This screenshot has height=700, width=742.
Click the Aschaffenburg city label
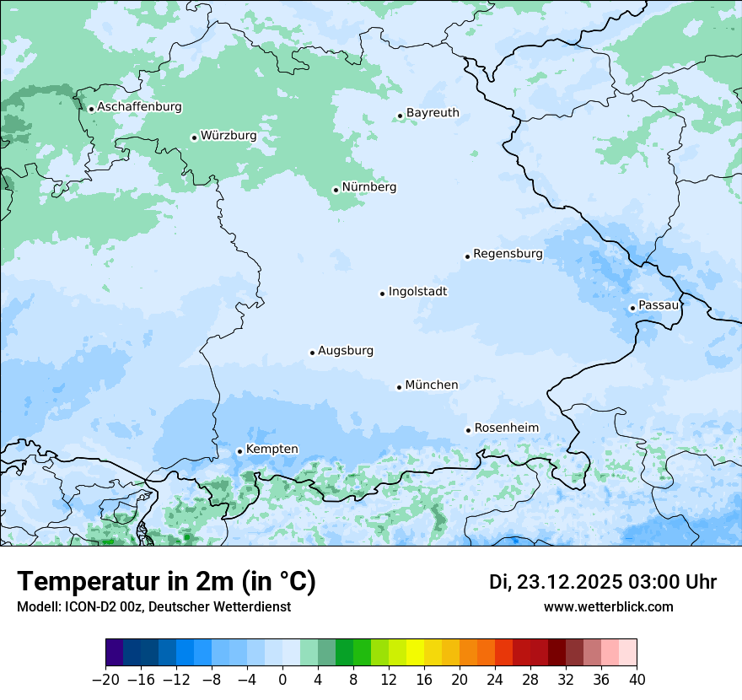tap(139, 107)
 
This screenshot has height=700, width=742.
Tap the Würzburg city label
tap(228, 136)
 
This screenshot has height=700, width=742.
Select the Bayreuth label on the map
tap(433, 113)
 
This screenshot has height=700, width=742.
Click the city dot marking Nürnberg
tap(336, 190)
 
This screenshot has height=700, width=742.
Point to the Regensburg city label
tap(508, 254)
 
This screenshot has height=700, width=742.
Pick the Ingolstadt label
tap(417, 292)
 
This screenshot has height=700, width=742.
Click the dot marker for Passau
tap(632, 308)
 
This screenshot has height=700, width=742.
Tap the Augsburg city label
tap(346, 351)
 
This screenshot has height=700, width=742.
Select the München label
tap(432, 385)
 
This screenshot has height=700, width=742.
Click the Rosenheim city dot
tap(468, 430)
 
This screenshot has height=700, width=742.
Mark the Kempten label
tap(272, 450)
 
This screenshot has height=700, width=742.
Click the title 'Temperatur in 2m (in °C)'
tap(166, 582)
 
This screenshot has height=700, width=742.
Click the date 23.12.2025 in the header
tap(569, 582)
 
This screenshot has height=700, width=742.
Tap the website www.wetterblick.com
tap(608, 606)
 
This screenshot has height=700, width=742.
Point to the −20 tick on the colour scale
tap(105, 680)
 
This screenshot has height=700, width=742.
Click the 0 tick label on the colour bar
tap(282, 680)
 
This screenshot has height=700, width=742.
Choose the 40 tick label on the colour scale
tap(637, 680)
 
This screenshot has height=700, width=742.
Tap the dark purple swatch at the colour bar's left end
tap(115, 653)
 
